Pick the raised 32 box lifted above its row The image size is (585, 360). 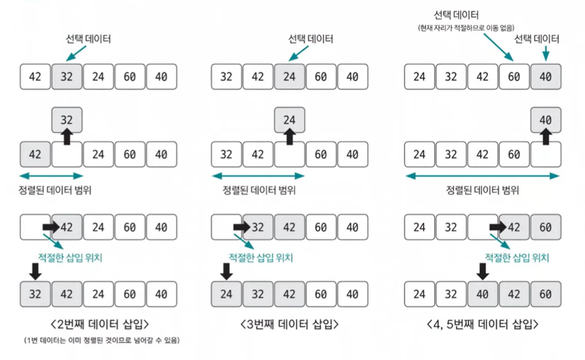click(x=67, y=120)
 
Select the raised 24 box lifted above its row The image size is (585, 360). click(x=290, y=120)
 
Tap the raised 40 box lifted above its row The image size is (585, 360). click(x=545, y=120)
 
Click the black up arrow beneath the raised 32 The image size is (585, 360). click(x=67, y=137)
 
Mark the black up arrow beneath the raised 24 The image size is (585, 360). click(x=290, y=137)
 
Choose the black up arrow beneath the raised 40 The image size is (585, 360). click(x=545, y=137)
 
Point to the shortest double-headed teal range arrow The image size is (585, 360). click(x=51, y=176)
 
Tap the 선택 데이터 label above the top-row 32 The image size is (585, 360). click(x=89, y=39)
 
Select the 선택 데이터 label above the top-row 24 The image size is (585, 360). click(x=310, y=39)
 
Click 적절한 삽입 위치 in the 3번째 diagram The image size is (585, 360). click(x=261, y=258)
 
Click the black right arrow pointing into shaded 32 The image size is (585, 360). click(x=242, y=227)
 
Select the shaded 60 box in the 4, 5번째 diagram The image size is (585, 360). click(x=545, y=227)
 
